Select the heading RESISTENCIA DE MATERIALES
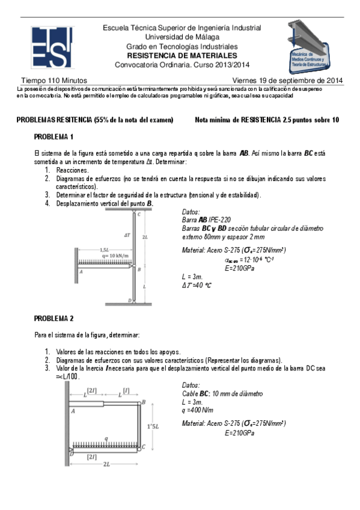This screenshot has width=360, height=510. (182, 56)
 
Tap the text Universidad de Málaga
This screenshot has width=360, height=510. (182, 37)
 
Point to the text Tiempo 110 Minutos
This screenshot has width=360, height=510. (54, 80)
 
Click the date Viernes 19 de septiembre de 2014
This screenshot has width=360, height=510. (287, 80)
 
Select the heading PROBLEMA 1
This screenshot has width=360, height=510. (53, 137)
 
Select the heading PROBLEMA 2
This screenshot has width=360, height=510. (53, 318)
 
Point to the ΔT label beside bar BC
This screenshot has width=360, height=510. (127, 236)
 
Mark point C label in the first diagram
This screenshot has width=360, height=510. (139, 214)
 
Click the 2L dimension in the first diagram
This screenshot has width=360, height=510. (145, 238)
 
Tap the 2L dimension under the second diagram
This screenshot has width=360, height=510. (106, 464)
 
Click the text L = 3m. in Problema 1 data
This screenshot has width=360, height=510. (195, 275)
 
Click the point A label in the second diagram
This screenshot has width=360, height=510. (73, 411)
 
